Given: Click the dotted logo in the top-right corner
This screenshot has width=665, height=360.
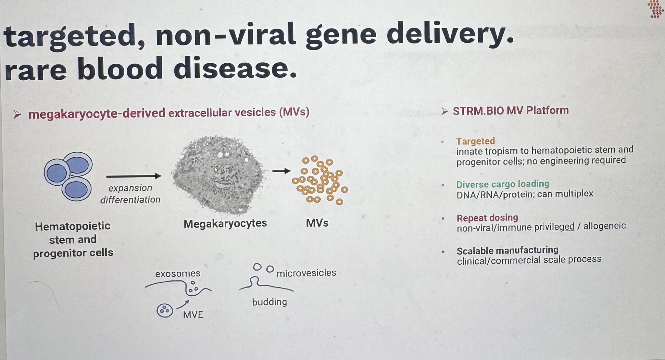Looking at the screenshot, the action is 655,9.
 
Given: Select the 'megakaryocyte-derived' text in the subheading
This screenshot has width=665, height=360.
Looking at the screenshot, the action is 97,114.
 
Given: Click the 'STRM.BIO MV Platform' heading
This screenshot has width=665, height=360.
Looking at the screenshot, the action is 511,110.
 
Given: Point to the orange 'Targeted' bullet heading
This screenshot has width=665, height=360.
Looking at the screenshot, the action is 475,141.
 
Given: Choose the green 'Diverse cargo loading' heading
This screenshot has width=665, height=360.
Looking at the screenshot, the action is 503,184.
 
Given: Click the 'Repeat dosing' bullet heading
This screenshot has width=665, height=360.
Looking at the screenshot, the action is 487,218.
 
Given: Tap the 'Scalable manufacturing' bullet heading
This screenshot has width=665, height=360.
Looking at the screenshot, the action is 508,251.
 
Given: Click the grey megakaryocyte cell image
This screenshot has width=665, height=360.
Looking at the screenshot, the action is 219,175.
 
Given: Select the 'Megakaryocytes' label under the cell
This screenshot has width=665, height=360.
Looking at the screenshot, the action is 225,224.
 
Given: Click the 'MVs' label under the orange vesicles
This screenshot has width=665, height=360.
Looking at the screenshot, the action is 317,223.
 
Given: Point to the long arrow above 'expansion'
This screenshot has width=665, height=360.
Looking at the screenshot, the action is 134,176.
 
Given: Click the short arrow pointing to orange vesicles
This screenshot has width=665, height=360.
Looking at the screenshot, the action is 281,171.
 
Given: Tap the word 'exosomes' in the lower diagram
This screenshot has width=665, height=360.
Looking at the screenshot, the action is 178,274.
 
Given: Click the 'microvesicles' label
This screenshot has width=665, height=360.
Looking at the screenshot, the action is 306,273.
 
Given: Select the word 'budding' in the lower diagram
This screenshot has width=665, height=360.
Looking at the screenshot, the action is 270,302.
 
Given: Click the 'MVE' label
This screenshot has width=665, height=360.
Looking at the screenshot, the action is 193,315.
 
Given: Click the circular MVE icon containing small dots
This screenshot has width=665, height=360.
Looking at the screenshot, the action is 165,310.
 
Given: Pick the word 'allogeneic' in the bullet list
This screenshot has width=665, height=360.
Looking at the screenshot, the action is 605,226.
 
